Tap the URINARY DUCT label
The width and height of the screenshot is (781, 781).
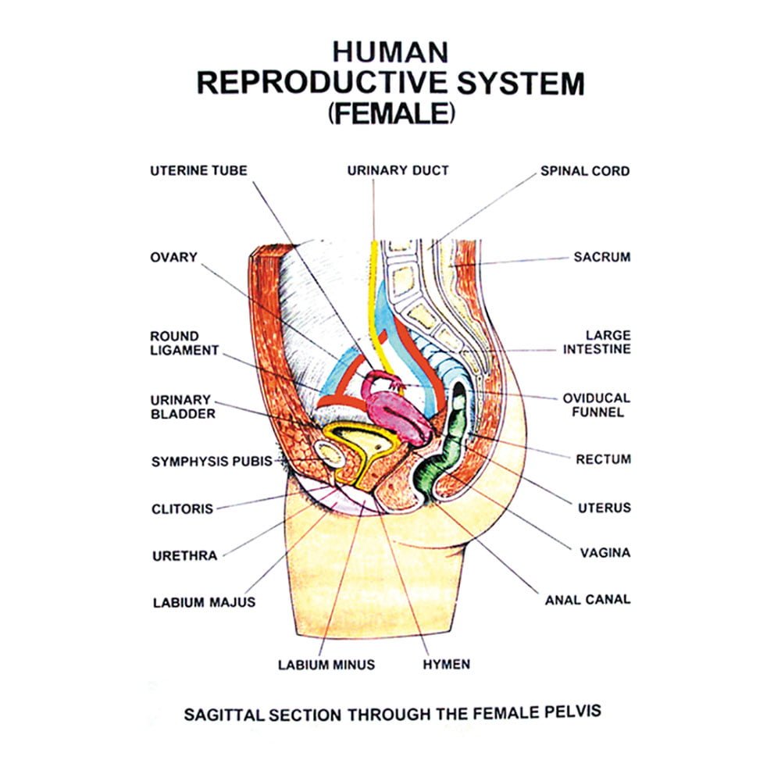[x=398, y=170]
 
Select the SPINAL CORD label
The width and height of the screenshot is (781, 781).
[x=584, y=171]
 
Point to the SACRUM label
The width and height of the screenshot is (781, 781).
[x=601, y=256]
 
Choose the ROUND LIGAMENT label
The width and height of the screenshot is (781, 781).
[x=184, y=344]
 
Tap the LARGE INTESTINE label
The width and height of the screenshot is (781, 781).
[x=597, y=342]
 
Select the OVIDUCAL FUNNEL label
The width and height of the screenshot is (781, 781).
[x=596, y=405]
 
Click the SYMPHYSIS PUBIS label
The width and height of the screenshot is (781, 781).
[x=211, y=462]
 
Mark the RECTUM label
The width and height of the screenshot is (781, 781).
[x=603, y=459]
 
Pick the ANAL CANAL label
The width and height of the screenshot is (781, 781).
[x=587, y=600]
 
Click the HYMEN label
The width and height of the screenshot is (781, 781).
[x=446, y=665]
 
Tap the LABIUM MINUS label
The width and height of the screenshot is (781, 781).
[x=326, y=665]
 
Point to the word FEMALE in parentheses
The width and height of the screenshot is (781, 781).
[x=390, y=113]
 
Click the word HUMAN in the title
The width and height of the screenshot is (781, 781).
[x=390, y=52]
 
